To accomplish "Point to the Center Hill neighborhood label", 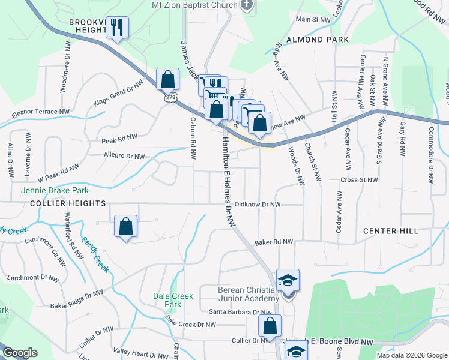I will (388, 231).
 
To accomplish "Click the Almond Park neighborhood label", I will (318, 40).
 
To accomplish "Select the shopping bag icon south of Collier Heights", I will (125, 226).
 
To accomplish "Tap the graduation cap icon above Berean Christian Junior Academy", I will (288, 280).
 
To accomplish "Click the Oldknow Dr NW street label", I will (258, 205).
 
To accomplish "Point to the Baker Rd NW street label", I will (273, 242).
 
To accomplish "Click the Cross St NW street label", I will (359, 179).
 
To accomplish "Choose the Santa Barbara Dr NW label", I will (240, 312).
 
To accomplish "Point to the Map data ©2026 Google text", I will (411, 355).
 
